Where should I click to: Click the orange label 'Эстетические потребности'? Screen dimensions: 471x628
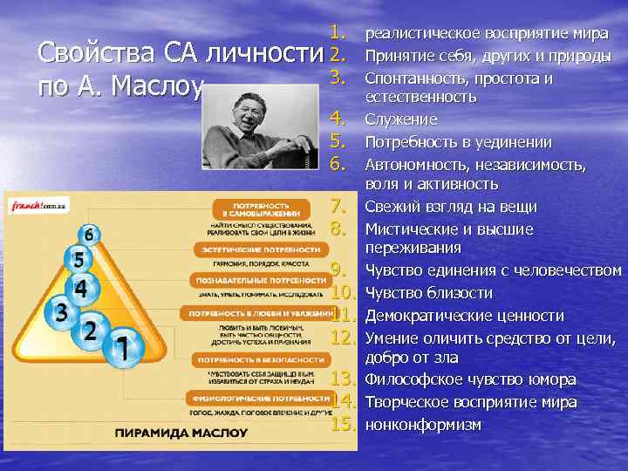(258, 249)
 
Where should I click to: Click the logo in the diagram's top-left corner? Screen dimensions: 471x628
(39, 206)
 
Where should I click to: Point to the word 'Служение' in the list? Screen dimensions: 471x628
(400, 119)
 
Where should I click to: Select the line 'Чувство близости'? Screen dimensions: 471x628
(428, 293)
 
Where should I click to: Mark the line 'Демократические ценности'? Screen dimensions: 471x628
(464, 315)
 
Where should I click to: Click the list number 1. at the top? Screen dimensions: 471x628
(340, 34)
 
